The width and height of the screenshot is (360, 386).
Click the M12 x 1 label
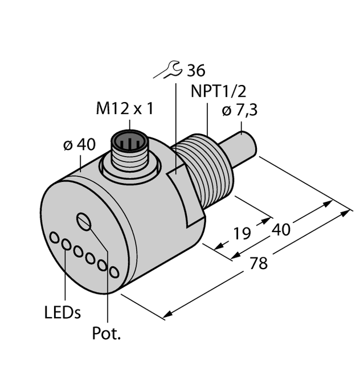coord(124,109)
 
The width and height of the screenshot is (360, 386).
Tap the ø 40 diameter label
coord(79,145)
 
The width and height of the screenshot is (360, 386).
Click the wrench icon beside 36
coord(170,71)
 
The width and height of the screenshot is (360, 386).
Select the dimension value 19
coord(242,233)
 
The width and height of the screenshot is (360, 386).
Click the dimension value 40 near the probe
coord(281,230)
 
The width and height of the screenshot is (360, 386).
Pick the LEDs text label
coord(62,312)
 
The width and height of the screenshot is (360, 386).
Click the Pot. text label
coord(107,334)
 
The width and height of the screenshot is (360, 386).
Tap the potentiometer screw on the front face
coord(84,222)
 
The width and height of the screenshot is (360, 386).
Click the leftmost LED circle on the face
coord(55,237)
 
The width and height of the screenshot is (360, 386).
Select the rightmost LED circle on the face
coord(114,273)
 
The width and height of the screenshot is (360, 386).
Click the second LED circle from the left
coord(66,245)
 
